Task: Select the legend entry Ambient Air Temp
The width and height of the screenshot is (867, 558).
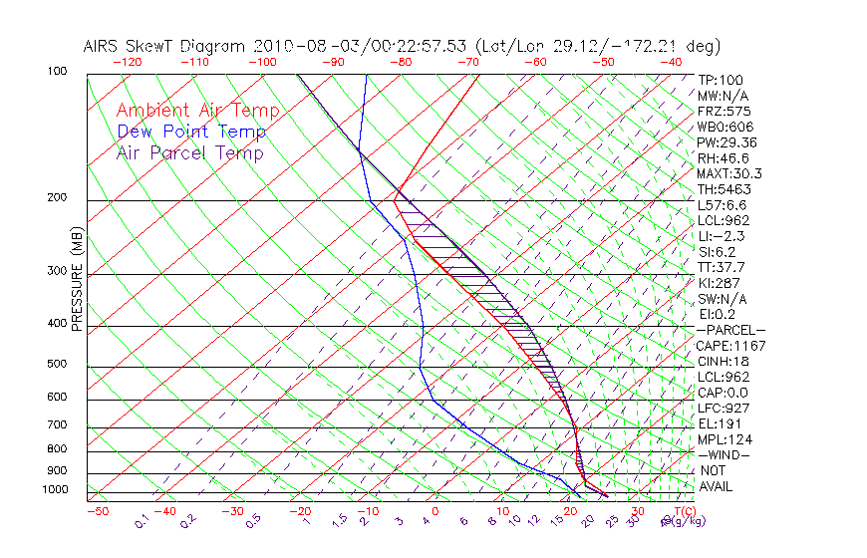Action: [197, 111]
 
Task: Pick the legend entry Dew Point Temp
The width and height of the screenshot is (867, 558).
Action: [191, 132]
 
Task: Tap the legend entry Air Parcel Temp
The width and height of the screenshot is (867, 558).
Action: [189, 152]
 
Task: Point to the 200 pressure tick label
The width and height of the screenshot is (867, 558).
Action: [56, 197]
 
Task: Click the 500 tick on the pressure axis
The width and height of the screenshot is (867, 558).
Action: [56, 364]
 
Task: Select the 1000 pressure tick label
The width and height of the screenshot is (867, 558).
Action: [54, 489]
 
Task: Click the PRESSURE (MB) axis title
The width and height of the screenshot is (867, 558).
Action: [76, 285]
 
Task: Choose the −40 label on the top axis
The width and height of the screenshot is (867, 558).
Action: [671, 62]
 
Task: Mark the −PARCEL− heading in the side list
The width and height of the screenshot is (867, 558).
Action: [730, 330]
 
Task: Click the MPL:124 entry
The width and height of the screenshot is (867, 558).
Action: [724, 438]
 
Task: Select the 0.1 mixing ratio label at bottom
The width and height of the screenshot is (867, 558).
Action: [142, 519]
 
